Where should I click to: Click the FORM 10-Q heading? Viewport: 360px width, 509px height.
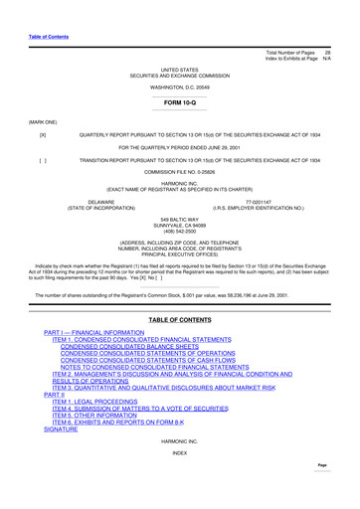pos(179,103)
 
